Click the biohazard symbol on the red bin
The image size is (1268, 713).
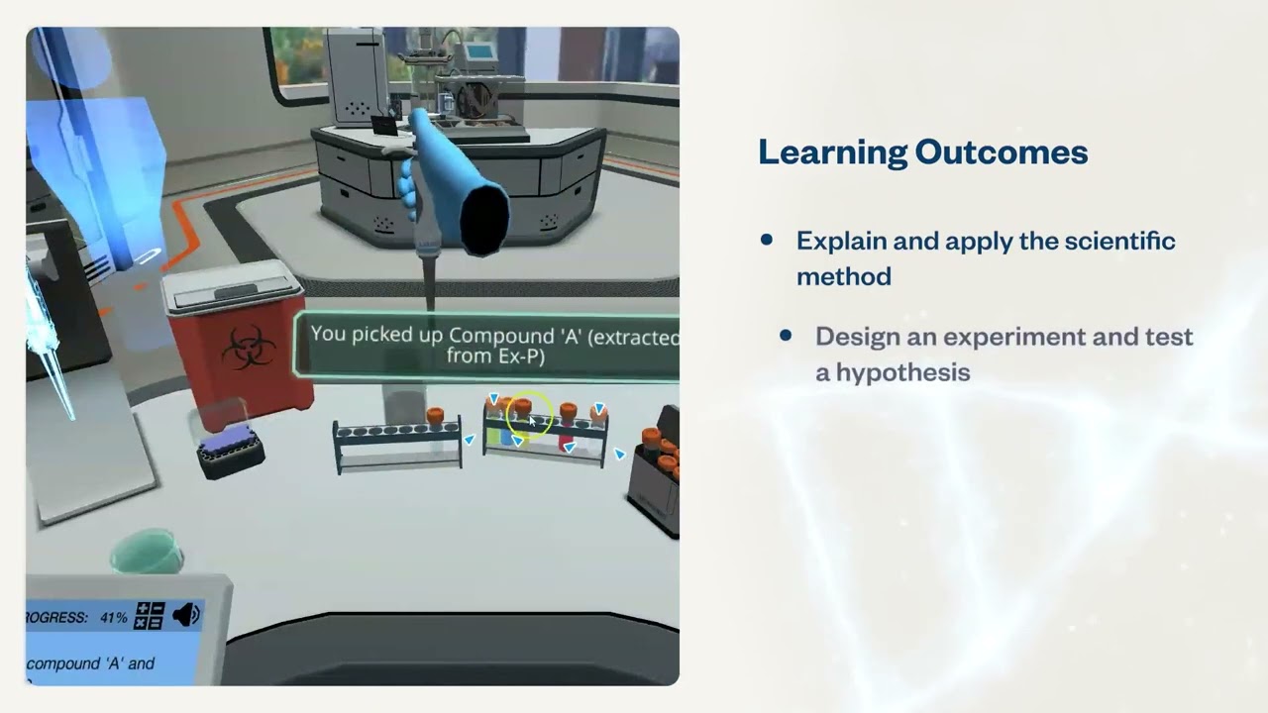pyautogui.click(x=248, y=348)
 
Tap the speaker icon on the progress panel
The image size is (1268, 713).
pyautogui.click(x=186, y=616)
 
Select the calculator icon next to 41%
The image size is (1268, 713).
pyautogui.click(x=149, y=616)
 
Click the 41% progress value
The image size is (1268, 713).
pyautogui.click(x=114, y=617)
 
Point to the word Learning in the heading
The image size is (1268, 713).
pyautogui.click(x=831, y=153)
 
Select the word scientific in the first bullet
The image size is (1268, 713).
pyautogui.click(x=1119, y=241)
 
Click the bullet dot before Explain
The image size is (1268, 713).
pyautogui.click(x=766, y=241)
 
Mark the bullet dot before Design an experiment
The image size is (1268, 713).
pyautogui.click(x=786, y=336)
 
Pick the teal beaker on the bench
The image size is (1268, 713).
pyautogui.click(x=147, y=551)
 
